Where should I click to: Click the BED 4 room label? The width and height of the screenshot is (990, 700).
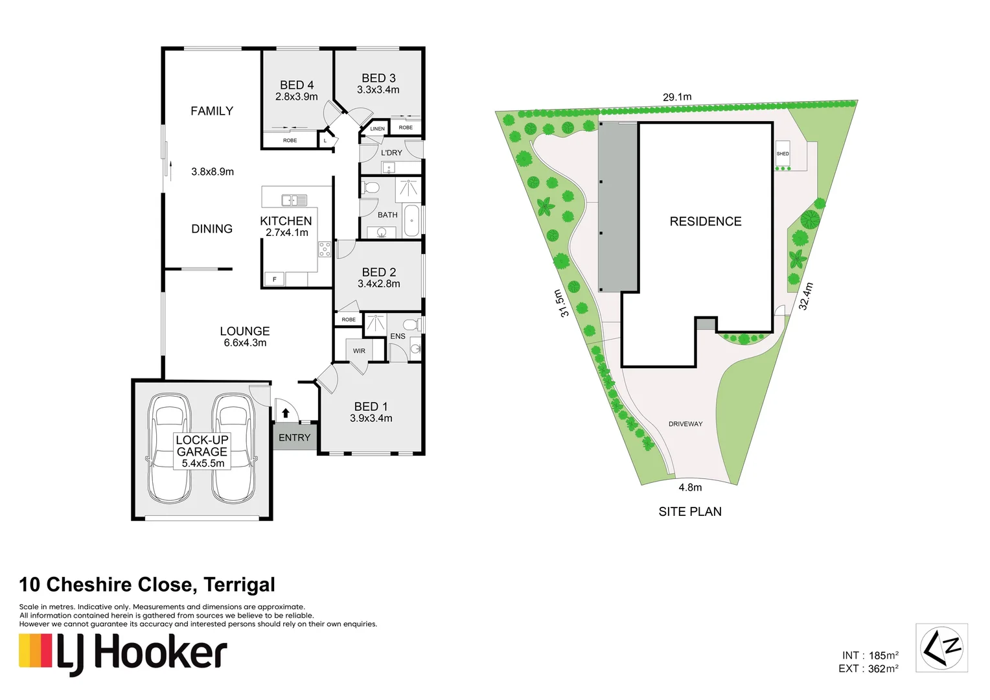point(297,85)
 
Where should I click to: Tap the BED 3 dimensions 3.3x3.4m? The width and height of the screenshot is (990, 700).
point(378,90)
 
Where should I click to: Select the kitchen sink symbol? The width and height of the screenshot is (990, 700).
point(294,200)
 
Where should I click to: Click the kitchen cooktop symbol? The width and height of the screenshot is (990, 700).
point(325,249)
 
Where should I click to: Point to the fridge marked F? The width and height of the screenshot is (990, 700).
point(275,279)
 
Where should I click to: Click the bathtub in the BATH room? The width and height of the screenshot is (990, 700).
point(411,221)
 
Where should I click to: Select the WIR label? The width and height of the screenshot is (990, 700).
point(359,351)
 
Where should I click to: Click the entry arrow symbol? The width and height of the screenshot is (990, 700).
point(285,412)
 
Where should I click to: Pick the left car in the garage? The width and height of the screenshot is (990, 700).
point(169,448)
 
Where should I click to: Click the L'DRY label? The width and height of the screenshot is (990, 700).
point(391,153)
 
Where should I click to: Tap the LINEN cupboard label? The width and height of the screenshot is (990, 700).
point(377,129)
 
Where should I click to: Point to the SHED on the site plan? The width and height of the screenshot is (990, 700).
point(783,154)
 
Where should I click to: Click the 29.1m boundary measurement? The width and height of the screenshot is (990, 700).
point(677,97)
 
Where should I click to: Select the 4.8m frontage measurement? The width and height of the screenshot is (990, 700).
point(690,487)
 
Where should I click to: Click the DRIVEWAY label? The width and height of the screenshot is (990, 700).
point(685,424)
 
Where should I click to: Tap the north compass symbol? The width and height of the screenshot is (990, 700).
point(941,647)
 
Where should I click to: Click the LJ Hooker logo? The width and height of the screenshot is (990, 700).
point(123,653)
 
